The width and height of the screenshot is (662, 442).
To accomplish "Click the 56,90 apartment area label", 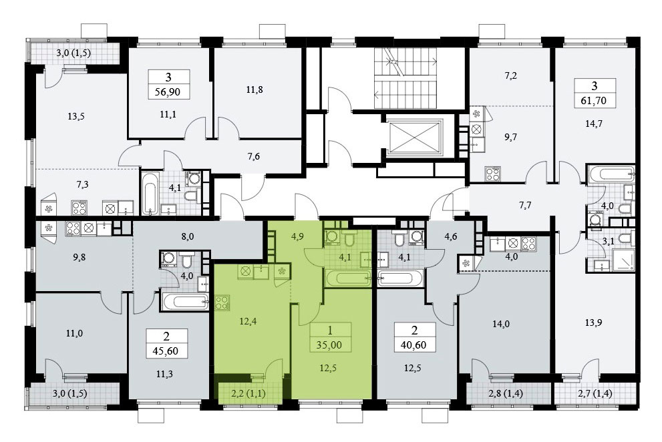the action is tap(168, 91).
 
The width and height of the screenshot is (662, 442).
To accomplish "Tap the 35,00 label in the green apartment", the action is tap(329, 345).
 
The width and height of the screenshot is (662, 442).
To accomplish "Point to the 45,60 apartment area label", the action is tap(166, 351).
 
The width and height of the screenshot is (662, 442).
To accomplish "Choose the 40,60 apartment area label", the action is tap(414, 345).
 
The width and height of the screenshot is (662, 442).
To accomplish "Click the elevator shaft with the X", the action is tap(416, 138).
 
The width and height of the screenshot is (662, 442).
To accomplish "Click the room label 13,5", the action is tap(76, 116).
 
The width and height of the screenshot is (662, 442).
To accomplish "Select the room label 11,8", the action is tap(254, 89).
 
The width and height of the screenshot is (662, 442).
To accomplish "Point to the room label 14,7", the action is tap(594, 124).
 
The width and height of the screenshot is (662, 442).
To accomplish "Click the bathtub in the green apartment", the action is tap(348, 278).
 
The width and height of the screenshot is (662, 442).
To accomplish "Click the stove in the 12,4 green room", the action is tap(222, 303).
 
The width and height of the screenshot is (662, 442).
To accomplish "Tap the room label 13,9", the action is tap(594, 322).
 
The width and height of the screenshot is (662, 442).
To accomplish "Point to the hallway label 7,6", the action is tap(253, 157).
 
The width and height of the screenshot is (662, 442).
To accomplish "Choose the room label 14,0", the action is tap(501, 324).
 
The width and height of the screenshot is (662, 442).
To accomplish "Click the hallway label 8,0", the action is tap(188, 236).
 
